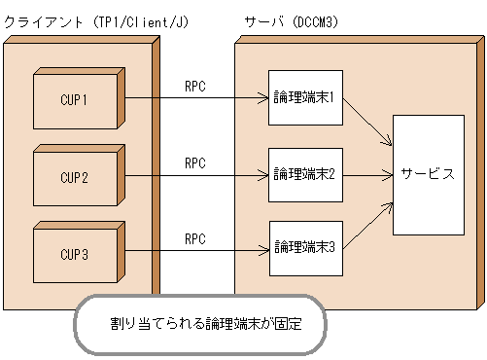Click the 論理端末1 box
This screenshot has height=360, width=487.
(304, 97)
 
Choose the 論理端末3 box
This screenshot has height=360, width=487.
(304, 245)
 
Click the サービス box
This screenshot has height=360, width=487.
(427, 174)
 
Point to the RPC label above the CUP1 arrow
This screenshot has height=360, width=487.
(194, 86)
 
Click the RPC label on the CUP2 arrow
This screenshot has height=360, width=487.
(194, 163)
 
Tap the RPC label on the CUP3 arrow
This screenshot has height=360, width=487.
(194, 238)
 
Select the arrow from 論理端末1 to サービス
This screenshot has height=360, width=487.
(367, 121)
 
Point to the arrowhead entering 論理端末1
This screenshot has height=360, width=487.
(263, 97)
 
